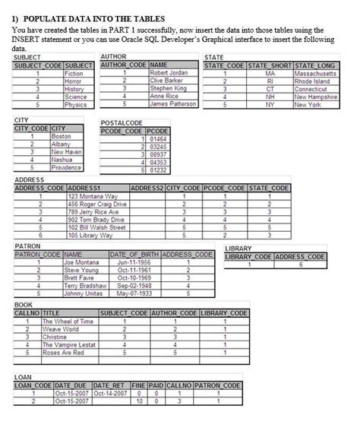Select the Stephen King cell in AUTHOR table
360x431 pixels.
[x=168, y=88]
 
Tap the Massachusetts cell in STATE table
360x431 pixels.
[x=315, y=73]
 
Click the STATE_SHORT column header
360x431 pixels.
[x=270, y=65]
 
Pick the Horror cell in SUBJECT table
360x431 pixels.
[x=74, y=81]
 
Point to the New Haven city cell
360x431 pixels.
[x=66, y=152]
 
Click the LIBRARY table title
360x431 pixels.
[x=238, y=248]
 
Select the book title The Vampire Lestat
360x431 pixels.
[x=69, y=345]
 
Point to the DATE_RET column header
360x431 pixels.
[x=109, y=385]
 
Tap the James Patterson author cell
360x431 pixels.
[x=173, y=104]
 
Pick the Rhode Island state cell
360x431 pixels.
[x=313, y=81]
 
